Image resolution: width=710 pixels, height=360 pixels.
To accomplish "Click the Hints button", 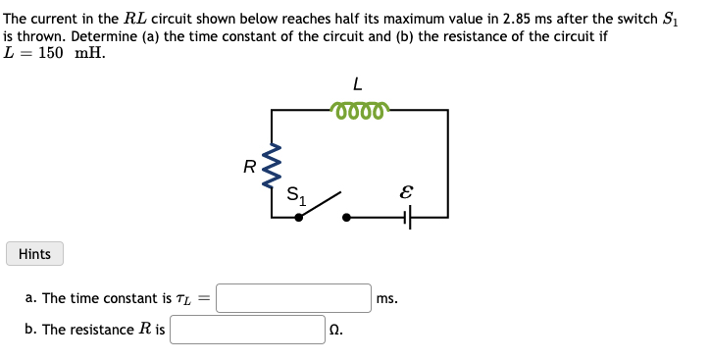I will [34, 254].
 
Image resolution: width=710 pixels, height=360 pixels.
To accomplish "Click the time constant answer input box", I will [293, 297].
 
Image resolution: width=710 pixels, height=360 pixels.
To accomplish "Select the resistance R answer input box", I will [247, 330].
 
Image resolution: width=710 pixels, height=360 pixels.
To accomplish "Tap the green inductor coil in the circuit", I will [361, 110].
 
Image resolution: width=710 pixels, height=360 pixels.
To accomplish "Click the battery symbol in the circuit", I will [407, 217].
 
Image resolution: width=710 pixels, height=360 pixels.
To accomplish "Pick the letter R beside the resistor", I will [250, 167].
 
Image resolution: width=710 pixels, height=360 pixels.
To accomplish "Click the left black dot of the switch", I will [299, 217].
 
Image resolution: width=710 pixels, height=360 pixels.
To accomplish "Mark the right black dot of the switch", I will [345, 217].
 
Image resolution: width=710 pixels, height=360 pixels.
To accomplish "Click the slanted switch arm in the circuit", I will [321, 204].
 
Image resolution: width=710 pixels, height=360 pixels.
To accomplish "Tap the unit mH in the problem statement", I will [90, 51].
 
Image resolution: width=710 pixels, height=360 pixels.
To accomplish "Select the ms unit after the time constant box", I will [386, 298].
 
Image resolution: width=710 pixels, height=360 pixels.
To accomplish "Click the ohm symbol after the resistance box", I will [335, 331].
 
